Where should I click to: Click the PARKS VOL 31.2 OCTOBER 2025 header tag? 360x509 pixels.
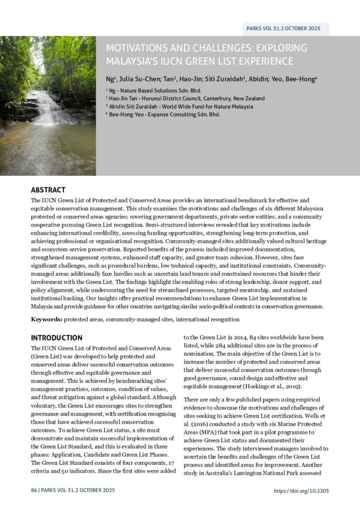[x=283, y=28]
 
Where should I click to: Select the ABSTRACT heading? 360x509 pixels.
[x=48, y=190]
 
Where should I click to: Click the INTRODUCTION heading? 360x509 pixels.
[x=57, y=338]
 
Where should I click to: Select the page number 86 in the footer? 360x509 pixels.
[x=34, y=490]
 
